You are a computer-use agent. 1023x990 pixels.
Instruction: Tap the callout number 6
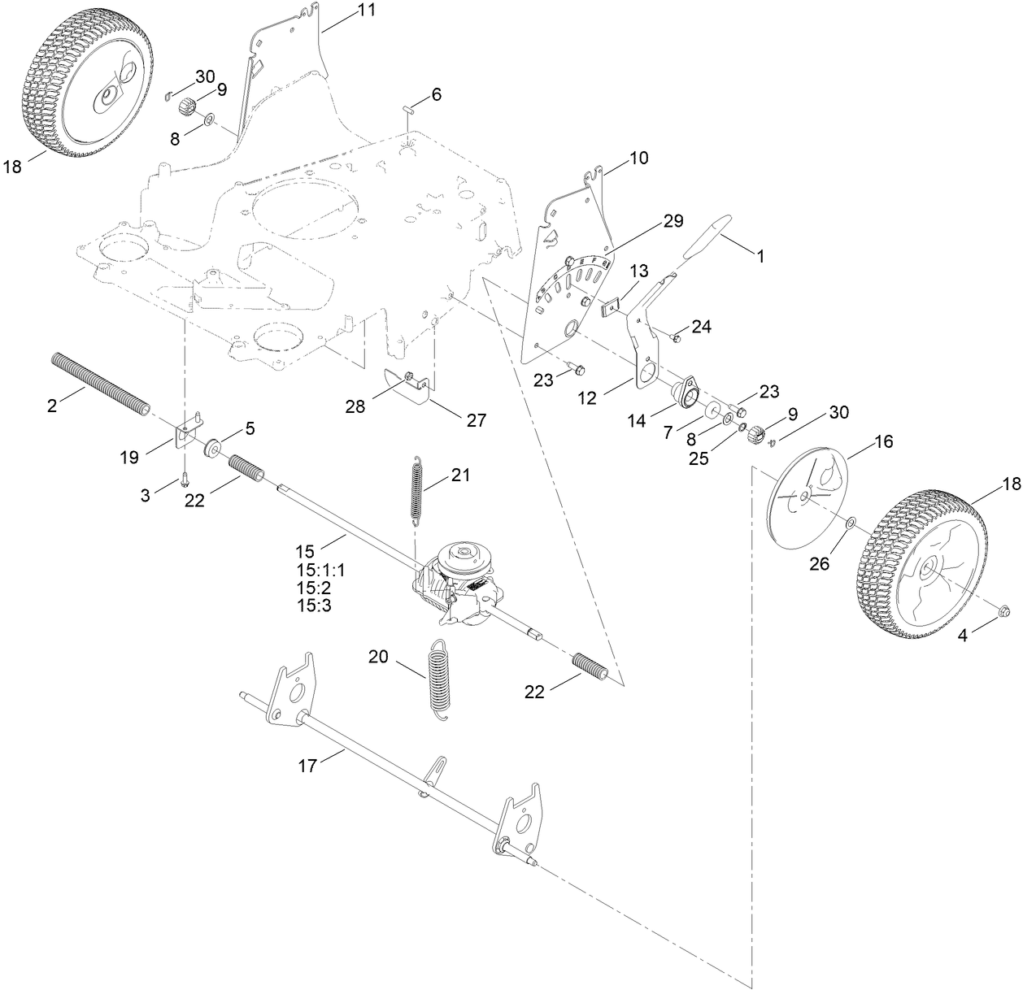(437, 94)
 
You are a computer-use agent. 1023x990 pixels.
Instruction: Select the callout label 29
(673, 221)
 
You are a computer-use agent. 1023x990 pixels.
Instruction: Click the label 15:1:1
(320, 570)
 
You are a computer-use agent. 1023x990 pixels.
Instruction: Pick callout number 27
(476, 420)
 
